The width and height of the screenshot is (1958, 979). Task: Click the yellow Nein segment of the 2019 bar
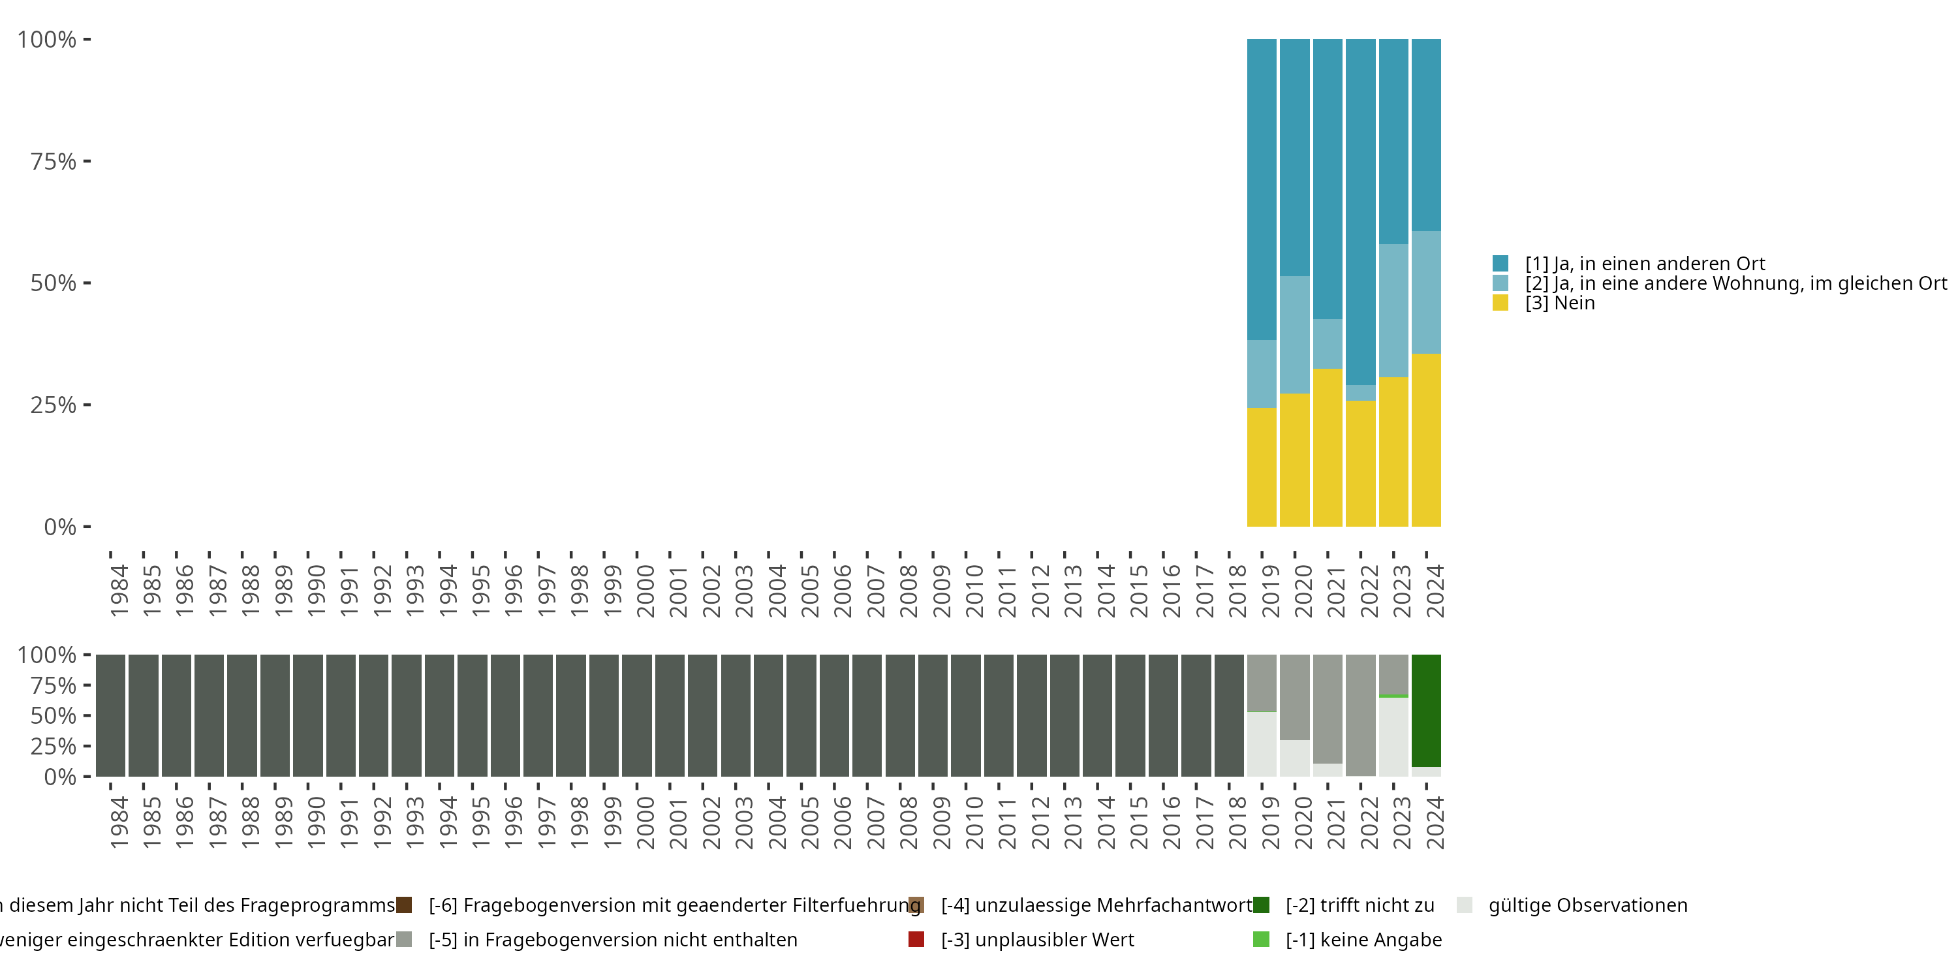[1262, 467]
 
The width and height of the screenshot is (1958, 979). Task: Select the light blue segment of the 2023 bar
[1393, 310]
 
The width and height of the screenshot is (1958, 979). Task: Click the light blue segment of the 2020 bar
[1294, 334]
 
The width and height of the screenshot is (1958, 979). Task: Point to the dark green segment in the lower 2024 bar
[1426, 710]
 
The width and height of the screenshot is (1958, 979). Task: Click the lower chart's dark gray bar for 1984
[110, 715]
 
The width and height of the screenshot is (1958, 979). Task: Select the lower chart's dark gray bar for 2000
[637, 715]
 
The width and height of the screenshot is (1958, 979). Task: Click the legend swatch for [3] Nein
[1500, 303]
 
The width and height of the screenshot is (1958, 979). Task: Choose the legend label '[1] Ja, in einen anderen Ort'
[1645, 264]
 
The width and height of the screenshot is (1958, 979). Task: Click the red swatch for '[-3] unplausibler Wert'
[916, 939]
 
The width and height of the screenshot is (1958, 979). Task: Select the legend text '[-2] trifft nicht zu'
[1360, 905]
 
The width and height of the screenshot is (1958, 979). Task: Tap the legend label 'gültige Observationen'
[1587, 905]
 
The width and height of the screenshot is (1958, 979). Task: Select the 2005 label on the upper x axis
[809, 591]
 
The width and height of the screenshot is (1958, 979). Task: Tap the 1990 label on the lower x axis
[315, 822]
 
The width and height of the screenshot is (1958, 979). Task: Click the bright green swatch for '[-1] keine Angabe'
[1261, 939]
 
